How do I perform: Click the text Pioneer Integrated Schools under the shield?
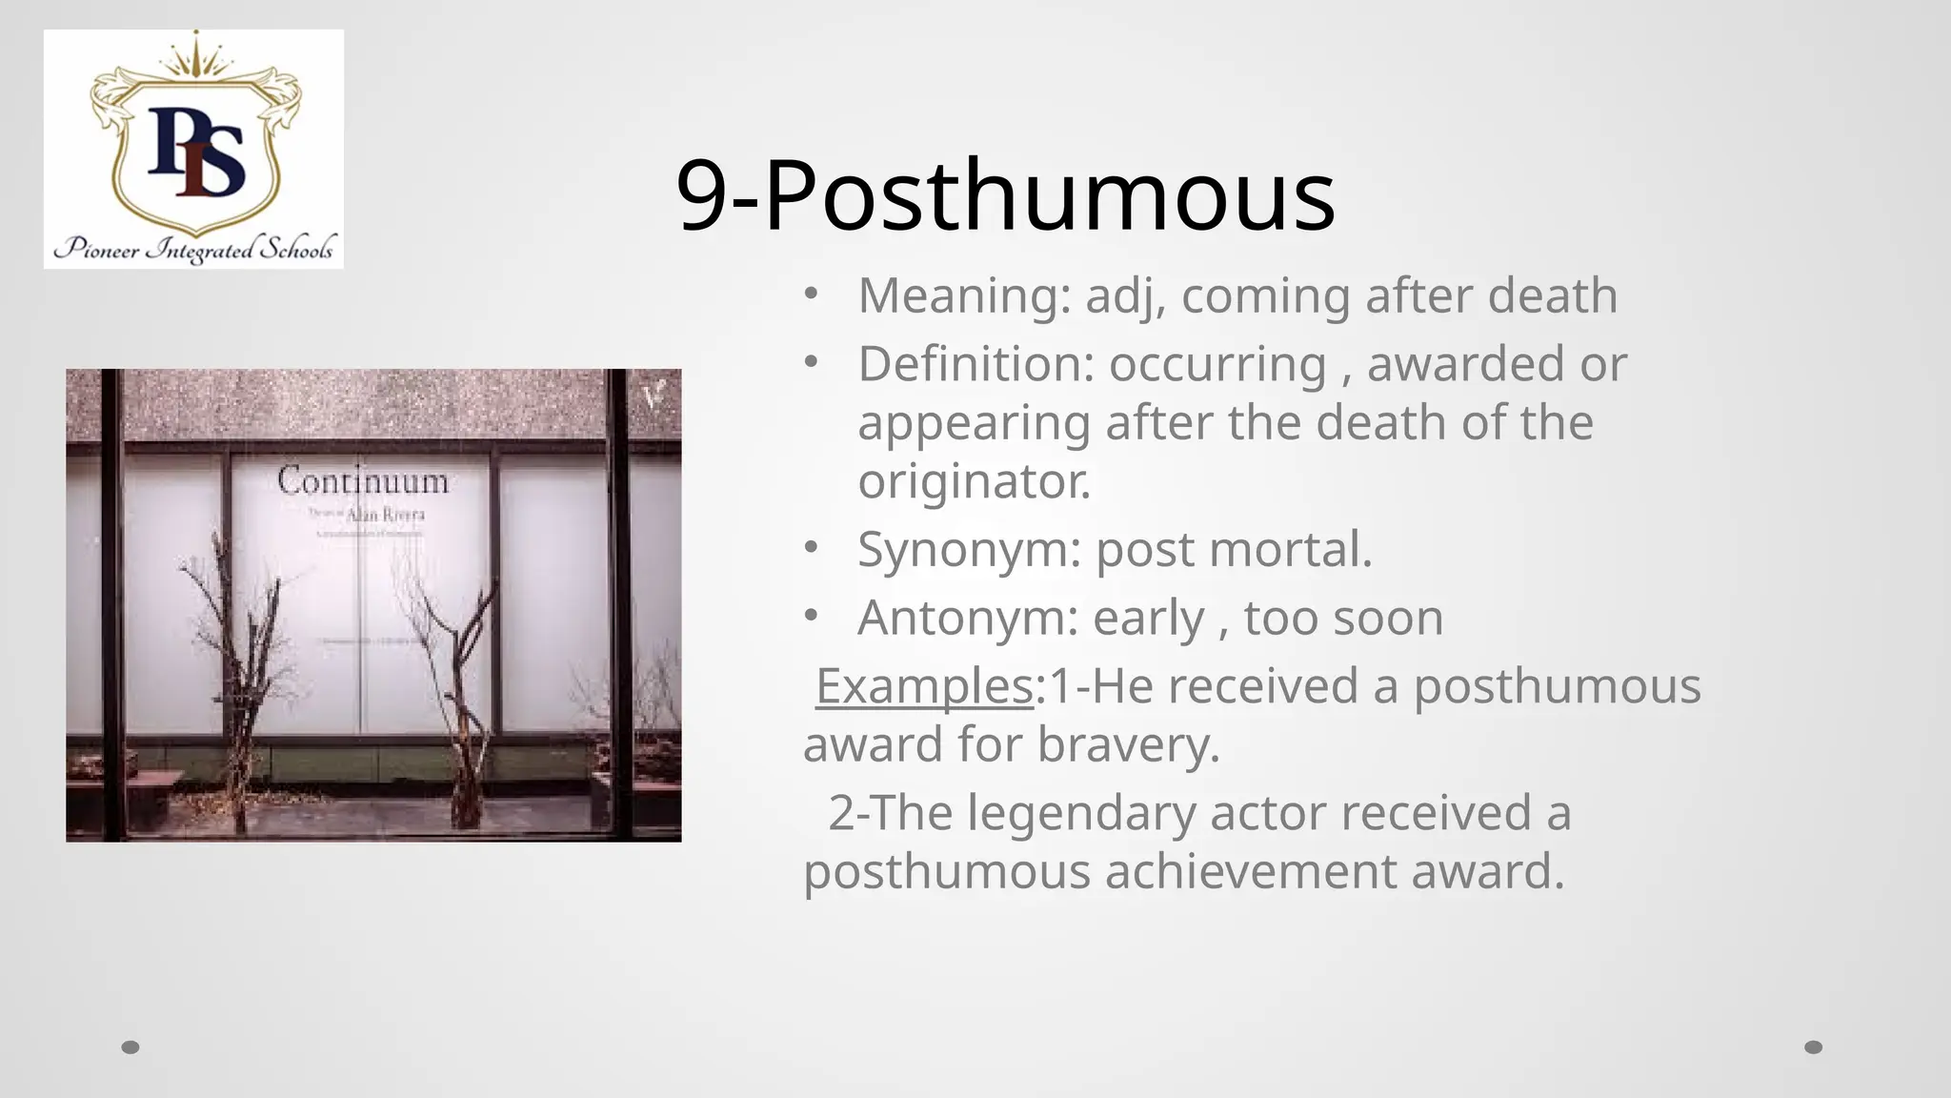(194, 250)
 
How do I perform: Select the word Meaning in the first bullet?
(957, 295)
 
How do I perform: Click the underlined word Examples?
(924, 686)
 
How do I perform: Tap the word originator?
(974, 480)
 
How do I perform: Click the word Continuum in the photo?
(363, 480)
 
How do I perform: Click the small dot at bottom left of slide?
(131, 1047)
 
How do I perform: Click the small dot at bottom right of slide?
(1814, 1047)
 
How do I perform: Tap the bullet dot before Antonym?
(810, 616)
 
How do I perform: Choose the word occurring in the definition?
(1217, 364)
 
